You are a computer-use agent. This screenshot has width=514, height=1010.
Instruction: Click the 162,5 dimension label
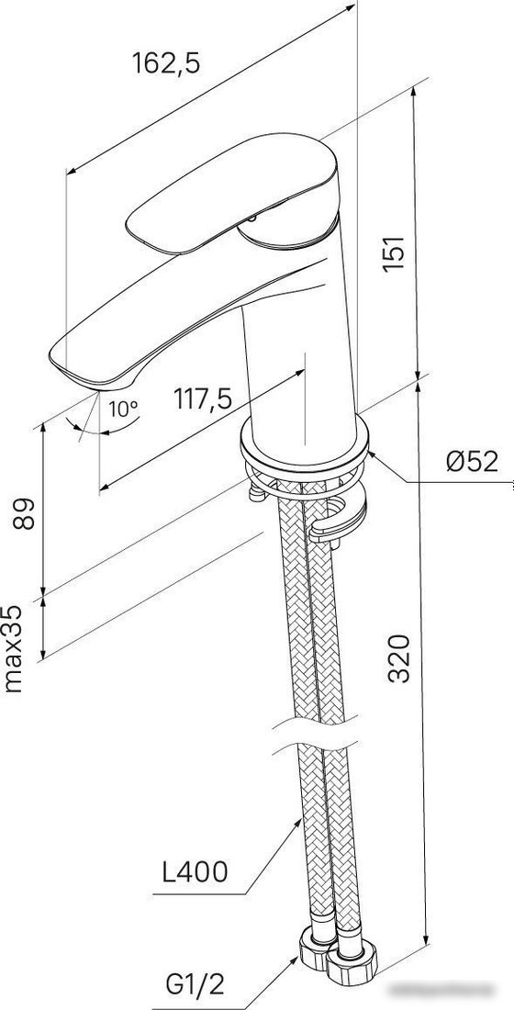166,63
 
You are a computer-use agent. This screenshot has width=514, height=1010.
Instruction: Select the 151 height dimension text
394,253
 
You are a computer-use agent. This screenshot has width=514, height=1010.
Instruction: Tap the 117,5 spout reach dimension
203,399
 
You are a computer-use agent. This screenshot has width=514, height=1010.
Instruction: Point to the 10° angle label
123,408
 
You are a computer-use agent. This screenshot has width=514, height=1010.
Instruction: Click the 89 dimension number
25,512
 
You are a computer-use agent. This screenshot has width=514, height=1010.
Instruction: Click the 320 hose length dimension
399,657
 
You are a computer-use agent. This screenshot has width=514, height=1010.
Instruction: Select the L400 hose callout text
195,872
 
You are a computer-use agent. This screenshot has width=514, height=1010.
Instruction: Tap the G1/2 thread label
196,985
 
